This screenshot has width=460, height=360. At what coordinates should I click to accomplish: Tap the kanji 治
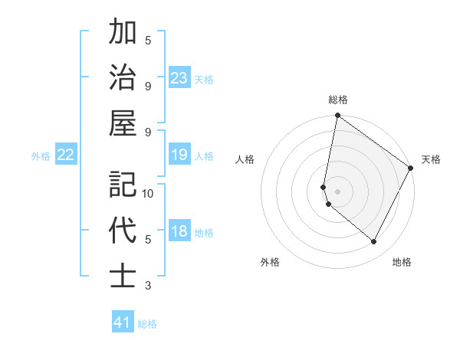123,77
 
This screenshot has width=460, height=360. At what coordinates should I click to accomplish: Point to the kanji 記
123,185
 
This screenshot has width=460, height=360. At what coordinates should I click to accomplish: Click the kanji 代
123,230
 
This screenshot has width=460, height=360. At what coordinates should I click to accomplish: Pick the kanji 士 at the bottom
123,275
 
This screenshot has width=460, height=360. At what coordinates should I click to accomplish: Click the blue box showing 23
179,77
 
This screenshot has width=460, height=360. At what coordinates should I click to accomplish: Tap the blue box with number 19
179,155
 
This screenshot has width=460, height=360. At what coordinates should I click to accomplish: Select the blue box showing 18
179,231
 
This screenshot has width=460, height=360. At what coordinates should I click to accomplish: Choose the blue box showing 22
66,155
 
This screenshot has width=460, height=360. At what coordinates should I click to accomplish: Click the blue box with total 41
123,322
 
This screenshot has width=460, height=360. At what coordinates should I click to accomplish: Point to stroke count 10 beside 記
148,194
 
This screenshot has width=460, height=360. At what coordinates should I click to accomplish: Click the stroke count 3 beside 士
148,286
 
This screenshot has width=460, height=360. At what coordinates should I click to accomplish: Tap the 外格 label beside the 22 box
41,156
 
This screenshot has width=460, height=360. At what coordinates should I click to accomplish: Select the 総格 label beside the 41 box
147,324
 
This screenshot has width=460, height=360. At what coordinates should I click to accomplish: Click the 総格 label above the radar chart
337,100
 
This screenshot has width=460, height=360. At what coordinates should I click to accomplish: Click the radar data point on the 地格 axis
374,242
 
